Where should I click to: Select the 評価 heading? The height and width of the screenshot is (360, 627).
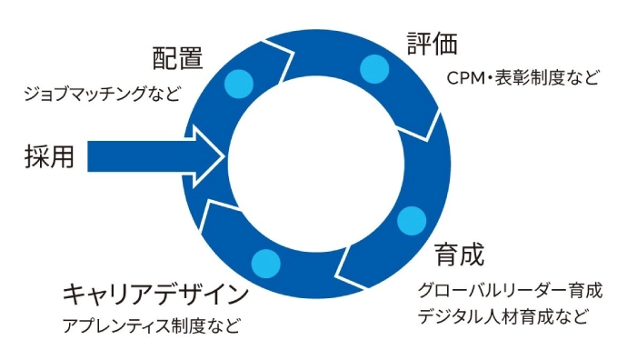click(433, 44)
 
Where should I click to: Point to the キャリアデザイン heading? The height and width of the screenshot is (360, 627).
click(154, 295)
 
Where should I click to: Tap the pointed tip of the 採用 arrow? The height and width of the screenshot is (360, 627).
click(223, 157)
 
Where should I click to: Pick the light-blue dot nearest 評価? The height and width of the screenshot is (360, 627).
click(373, 68)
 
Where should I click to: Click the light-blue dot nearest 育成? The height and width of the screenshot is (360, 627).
click(412, 220)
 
